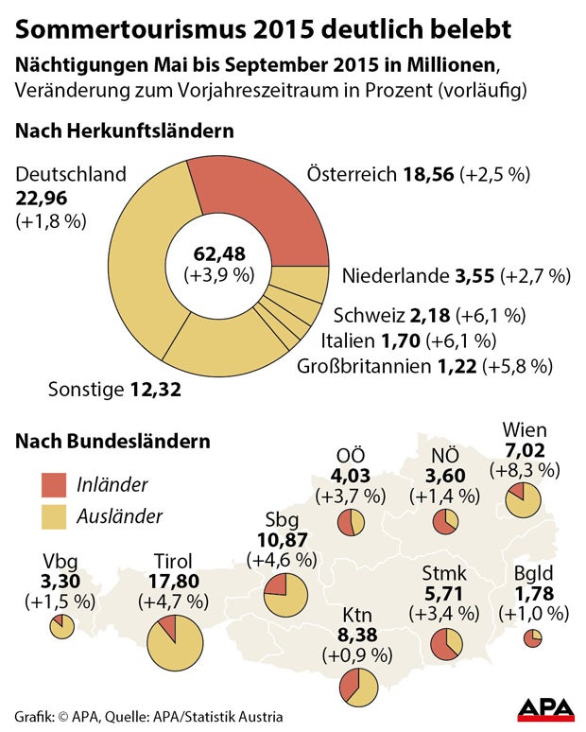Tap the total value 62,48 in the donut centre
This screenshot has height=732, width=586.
(x=218, y=254)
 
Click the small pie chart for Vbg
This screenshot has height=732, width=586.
(x=62, y=626)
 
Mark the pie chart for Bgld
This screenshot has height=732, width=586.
(x=532, y=639)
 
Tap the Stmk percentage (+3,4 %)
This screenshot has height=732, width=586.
(x=440, y=615)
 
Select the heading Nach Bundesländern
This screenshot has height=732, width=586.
(x=112, y=441)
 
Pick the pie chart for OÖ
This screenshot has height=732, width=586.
(x=351, y=523)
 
